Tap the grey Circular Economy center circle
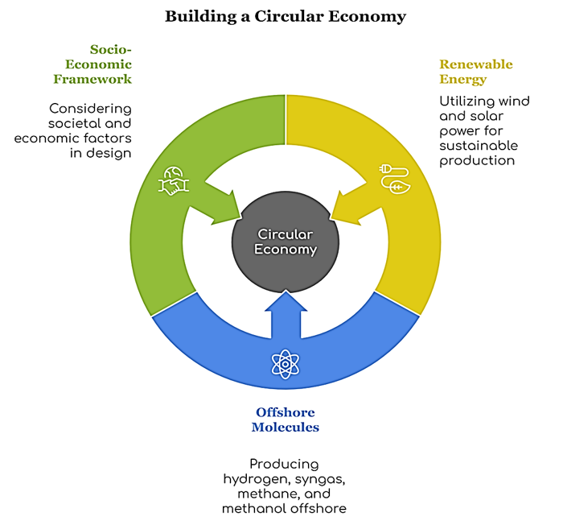coord(286,241)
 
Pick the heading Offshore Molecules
coord(285,420)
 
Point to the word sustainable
coord(478,146)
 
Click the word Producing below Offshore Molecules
coord(284,465)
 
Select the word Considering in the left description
coord(90,109)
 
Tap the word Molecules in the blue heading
coord(285,427)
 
